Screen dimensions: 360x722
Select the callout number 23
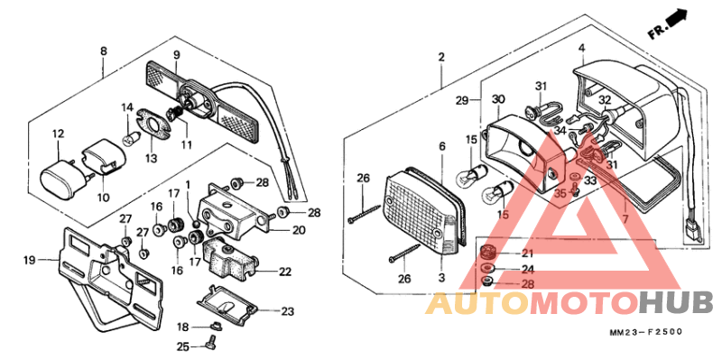pos(287,311)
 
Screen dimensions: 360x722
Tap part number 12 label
pos(58,134)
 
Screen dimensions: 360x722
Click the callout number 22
pos(284,272)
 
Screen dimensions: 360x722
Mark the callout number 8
pos(103,51)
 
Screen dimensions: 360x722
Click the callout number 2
pos(441,58)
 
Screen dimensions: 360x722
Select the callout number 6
pos(442,146)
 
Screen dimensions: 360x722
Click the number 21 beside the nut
pos(527,254)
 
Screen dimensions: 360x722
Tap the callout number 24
pos(527,269)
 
